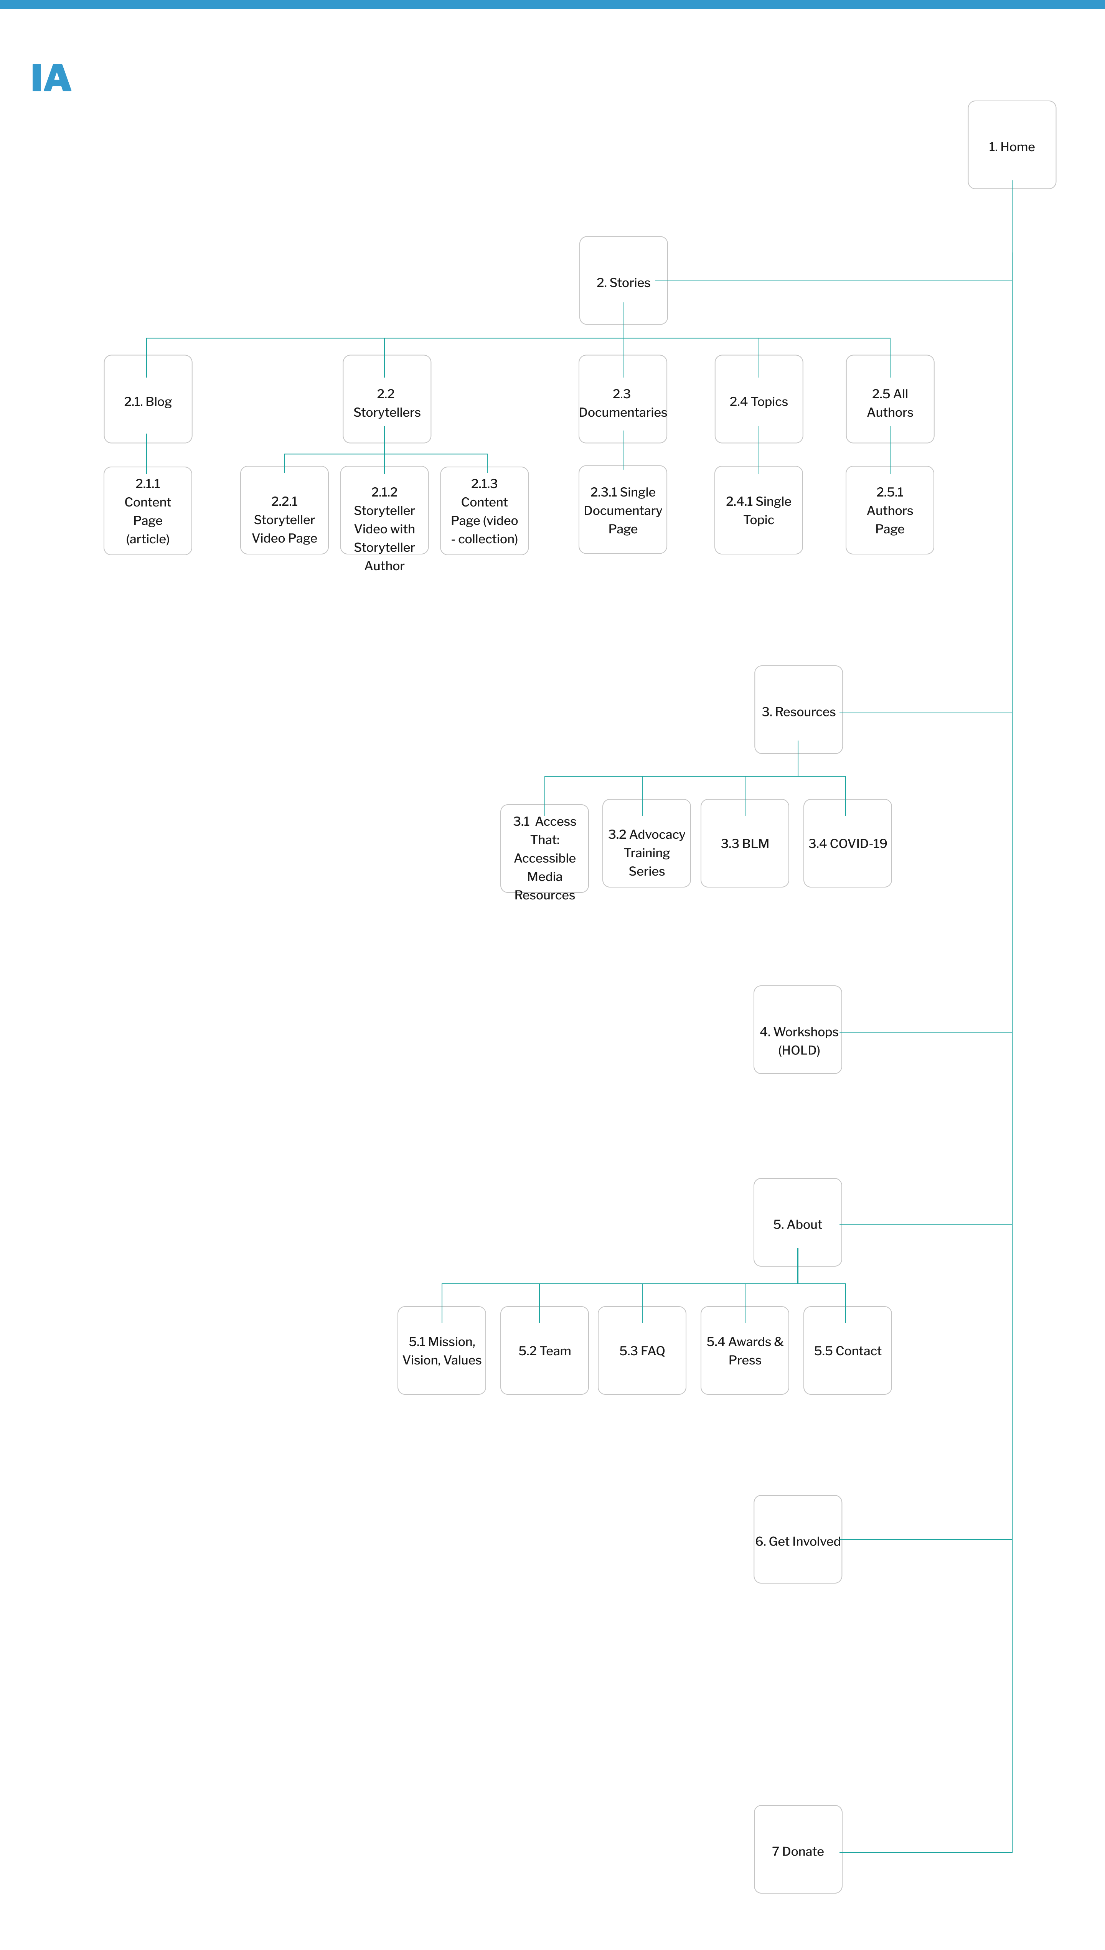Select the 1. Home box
[1012, 145]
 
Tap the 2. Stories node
[623, 281]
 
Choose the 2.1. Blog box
[148, 399]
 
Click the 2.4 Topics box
[759, 399]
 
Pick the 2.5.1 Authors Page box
[889, 510]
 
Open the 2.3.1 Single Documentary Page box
[623, 510]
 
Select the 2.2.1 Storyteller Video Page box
[285, 510]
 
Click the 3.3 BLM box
[744, 843]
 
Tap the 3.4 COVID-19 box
[848, 843]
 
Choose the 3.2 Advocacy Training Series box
[647, 843]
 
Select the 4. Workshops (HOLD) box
[798, 1029]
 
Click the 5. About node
[798, 1222]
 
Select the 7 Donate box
[798, 1849]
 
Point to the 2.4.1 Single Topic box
[759, 510]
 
